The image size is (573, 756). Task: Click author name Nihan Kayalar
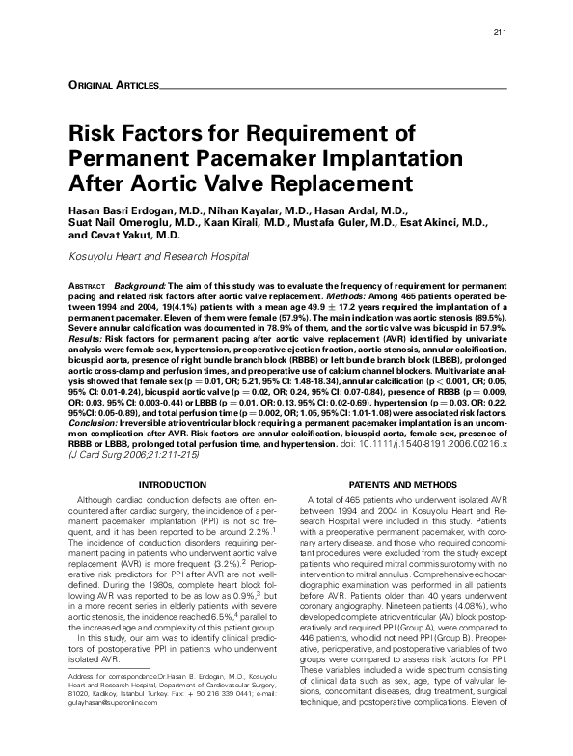pos(222,209)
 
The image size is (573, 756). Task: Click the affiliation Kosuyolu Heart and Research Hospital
pos(159,256)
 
